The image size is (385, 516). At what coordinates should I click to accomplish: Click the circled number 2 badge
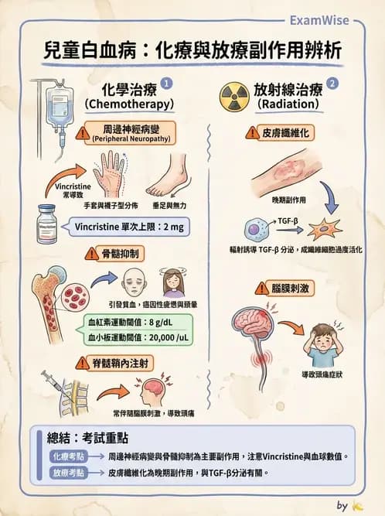pos(332,82)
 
